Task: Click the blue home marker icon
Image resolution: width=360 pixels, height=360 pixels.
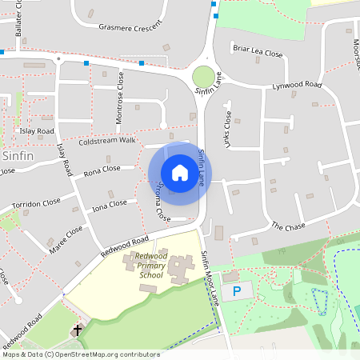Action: click(x=180, y=173)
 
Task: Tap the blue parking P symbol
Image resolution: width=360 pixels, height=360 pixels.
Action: click(x=237, y=292)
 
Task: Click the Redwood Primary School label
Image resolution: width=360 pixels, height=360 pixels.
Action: click(x=144, y=270)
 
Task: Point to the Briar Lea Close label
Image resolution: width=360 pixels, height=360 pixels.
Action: click(x=258, y=50)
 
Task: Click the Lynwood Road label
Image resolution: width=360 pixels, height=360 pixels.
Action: click(x=297, y=86)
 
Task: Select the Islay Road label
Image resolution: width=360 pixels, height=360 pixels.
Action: click(x=38, y=130)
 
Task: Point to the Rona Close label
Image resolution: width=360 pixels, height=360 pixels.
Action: click(x=102, y=170)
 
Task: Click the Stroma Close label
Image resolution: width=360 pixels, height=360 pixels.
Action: click(x=163, y=202)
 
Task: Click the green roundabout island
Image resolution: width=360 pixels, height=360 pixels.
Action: click(x=203, y=77)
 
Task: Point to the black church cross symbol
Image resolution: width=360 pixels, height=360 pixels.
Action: click(x=78, y=330)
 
